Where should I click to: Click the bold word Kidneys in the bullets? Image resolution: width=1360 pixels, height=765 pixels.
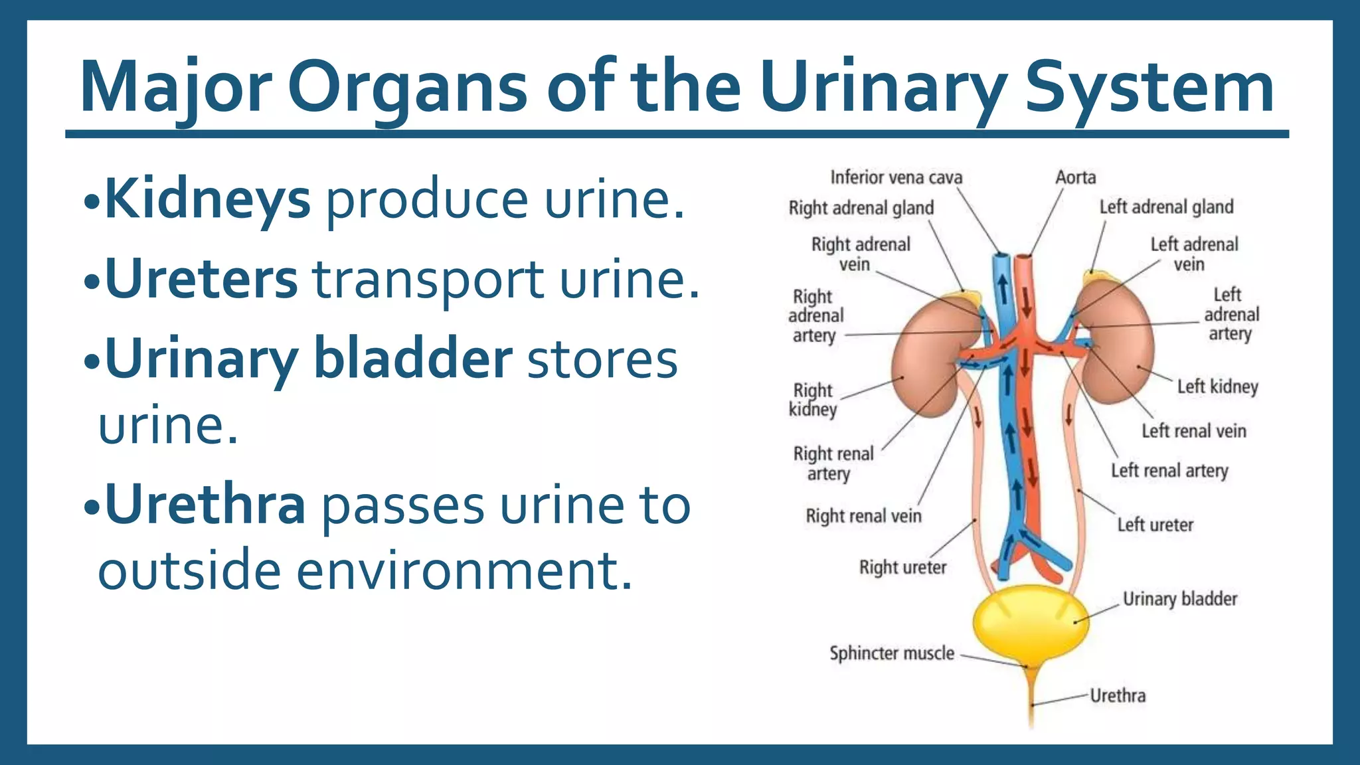point(207,199)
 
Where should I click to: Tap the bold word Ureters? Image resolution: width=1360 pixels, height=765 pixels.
point(201,279)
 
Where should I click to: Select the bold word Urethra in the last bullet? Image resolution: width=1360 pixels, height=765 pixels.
point(205,505)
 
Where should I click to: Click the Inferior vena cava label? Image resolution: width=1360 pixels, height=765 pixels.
point(896,177)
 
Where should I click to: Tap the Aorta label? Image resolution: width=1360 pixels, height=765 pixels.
point(1075,177)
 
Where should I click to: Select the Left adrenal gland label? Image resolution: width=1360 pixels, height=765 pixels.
point(1166,207)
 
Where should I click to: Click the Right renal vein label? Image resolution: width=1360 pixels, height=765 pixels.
point(863,516)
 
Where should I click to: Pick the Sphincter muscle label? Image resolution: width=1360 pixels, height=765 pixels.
point(891,653)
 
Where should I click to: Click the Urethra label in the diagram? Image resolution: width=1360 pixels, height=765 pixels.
point(1118,696)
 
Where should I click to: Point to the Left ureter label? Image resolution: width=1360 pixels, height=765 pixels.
point(1155,525)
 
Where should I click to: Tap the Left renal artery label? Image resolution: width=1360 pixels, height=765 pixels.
point(1169,471)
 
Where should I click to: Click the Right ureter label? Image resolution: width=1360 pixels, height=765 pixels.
point(902,568)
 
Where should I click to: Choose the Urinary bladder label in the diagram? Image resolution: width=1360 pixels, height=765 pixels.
point(1179,599)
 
